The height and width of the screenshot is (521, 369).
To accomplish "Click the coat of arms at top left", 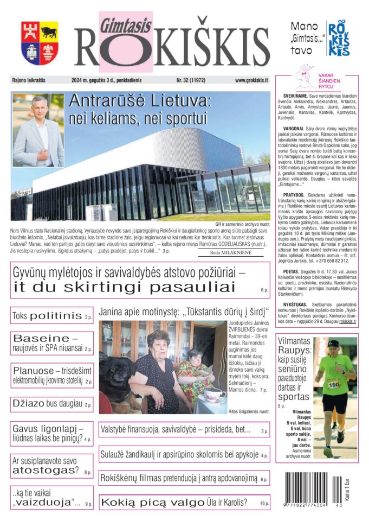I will (x=40, y=43).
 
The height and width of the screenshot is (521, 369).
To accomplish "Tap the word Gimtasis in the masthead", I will (x=126, y=22).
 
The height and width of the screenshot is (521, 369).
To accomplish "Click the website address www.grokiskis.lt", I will (x=252, y=80).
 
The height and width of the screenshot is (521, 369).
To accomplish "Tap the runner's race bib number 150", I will (x=333, y=384).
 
